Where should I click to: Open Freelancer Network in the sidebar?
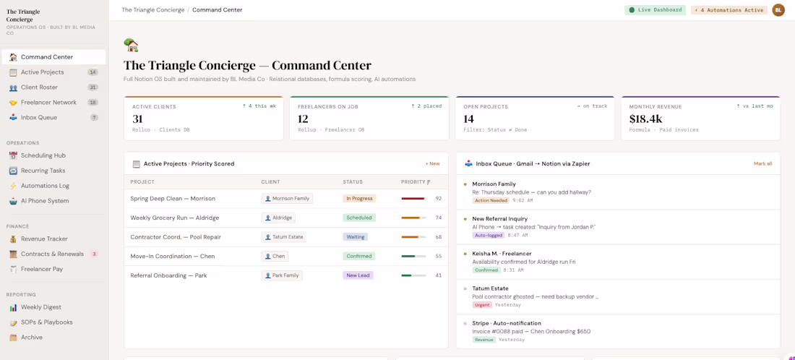click(48, 103)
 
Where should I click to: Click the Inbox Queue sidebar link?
click(38, 118)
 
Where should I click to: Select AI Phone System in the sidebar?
click(45, 201)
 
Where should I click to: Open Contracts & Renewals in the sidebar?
click(52, 254)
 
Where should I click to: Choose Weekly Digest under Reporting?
click(40, 307)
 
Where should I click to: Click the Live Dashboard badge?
click(655, 10)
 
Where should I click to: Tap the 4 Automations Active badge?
click(729, 10)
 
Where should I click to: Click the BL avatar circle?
click(778, 10)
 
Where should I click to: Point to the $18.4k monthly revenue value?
click(645, 119)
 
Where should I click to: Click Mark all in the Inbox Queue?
click(763, 164)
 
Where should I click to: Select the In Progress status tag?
click(359, 199)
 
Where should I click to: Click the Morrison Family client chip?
click(287, 199)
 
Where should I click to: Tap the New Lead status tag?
click(358, 276)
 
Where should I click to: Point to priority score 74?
click(439, 218)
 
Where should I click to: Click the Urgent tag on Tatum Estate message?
click(481, 305)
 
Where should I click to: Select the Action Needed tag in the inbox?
click(491, 201)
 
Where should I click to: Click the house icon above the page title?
click(132, 45)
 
